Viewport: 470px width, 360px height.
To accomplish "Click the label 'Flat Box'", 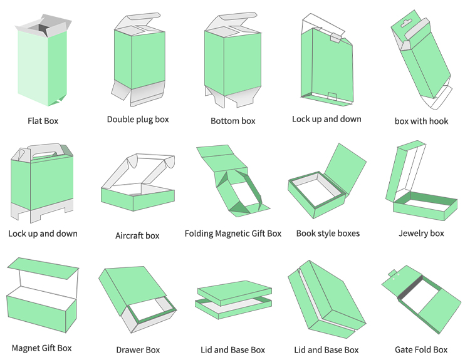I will coord(43,121).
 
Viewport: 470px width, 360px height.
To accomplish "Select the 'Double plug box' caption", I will coord(138,119).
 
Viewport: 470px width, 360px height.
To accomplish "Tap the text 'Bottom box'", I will coord(232,121).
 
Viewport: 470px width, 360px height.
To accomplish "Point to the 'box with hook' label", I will coord(421,121).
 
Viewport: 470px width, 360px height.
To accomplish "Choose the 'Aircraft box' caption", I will coord(137,235).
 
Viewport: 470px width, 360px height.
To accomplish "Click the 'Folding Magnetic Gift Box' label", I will coord(233,234).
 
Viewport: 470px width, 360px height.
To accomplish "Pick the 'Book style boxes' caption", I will coord(328,234).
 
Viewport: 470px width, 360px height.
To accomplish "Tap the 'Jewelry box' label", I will coord(421,234).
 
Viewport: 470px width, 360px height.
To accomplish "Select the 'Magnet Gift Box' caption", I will coord(41,348).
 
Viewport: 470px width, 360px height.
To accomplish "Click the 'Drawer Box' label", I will coord(138,350).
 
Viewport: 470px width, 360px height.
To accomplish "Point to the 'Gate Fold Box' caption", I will coord(421,349).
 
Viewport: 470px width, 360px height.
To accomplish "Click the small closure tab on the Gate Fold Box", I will coord(392,273).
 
